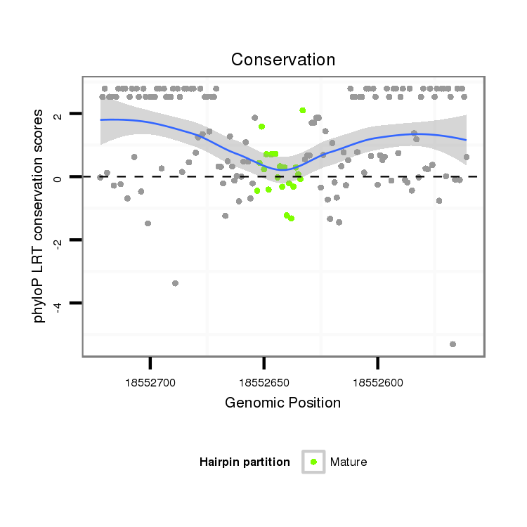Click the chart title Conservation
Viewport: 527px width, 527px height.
[x=283, y=60]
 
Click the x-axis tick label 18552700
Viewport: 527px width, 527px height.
[x=150, y=383]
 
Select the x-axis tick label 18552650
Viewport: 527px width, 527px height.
[x=263, y=383]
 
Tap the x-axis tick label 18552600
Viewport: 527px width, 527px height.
[x=377, y=383]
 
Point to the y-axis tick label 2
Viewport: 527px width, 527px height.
[x=58, y=114]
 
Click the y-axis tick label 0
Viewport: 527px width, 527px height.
[x=58, y=177]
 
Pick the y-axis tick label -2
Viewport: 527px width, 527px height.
[x=58, y=241]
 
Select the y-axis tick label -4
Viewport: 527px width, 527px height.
[x=58, y=304]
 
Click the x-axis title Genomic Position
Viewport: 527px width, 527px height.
[x=283, y=403]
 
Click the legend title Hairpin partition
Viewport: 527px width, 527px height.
[x=245, y=462]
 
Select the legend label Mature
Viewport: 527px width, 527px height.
[x=349, y=462]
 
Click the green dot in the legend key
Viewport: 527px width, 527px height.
[x=313, y=462]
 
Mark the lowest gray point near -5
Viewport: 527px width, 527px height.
[x=453, y=344]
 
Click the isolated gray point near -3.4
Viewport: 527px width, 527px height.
[x=175, y=283]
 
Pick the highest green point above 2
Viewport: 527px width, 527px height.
[x=302, y=110]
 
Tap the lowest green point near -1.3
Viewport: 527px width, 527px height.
[x=291, y=219]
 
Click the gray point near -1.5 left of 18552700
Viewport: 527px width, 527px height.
[x=148, y=223]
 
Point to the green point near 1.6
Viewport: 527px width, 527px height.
[x=261, y=126]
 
